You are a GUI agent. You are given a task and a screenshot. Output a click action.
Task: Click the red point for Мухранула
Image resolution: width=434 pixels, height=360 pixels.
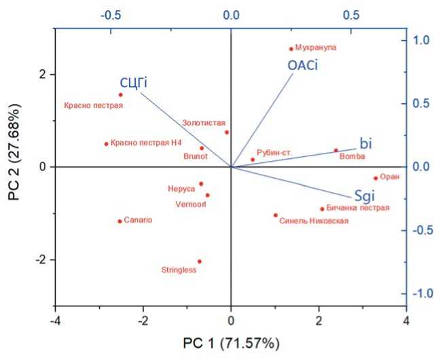pos(291,48)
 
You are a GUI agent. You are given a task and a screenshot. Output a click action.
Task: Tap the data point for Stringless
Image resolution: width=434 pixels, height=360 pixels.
pos(199,262)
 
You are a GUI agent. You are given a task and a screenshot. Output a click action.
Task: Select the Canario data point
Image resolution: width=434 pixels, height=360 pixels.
pos(120,221)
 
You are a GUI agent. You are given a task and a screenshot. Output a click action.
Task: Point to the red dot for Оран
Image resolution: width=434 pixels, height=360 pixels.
pos(375,178)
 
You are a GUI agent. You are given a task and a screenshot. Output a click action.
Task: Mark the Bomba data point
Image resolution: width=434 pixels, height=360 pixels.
pos(336,151)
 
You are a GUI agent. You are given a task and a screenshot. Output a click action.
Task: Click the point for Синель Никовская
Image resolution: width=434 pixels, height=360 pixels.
pos(275,215)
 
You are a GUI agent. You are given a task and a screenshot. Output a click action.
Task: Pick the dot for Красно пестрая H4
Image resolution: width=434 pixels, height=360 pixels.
pos(106,143)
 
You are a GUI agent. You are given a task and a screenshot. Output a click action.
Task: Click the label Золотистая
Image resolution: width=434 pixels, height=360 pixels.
pos(202,123)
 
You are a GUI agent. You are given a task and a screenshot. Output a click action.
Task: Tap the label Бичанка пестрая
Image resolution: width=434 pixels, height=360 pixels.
pos(358,208)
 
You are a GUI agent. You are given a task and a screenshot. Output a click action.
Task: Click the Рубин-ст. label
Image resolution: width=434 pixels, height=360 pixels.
pos(274,153)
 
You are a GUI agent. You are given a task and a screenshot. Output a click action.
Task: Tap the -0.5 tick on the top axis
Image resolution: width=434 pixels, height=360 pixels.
pos(110,14)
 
